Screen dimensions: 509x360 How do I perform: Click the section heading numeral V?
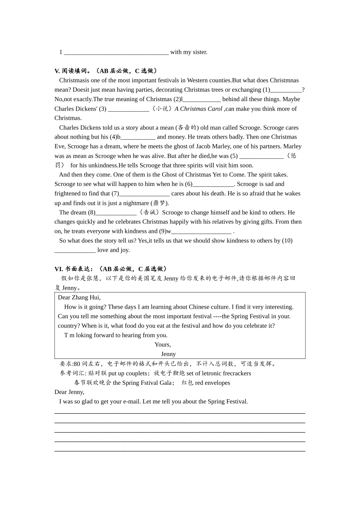click(x=57, y=71)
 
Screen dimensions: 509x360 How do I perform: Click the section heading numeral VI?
click(x=59, y=269)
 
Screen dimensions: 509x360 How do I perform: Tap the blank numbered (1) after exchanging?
click(x=286, y=90)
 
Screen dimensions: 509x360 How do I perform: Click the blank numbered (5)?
click(x=261, y=156)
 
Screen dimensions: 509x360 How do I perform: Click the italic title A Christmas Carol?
click(x=199, y=109)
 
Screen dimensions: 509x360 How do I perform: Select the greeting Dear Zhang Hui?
click(x=79, y=298)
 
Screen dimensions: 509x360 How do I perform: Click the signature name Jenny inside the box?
click(x=168, y=354)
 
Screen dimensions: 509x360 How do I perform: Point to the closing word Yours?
click(x=163, y=345)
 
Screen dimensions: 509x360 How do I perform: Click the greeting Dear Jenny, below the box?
click(x=69, y=392)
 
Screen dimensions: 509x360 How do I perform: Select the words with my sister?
click(x=189, y=52)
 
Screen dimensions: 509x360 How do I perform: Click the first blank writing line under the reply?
click(x=180, y=413)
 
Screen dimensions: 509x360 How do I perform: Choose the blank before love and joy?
click(x=75, y=251)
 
